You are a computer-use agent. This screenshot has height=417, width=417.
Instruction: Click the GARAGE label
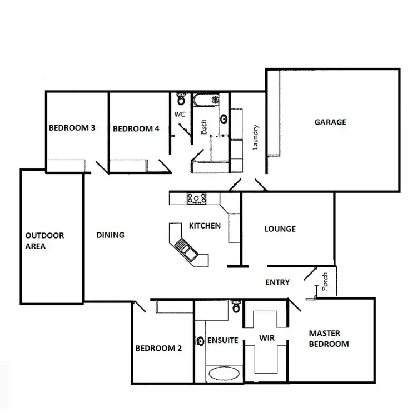330,122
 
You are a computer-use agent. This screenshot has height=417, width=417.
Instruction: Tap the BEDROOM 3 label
72,128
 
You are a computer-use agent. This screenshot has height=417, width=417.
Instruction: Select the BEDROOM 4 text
136,128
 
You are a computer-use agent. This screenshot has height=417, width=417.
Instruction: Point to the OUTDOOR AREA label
45,241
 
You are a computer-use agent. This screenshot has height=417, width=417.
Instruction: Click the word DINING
110,235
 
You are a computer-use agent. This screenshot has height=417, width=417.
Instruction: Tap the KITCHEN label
205,226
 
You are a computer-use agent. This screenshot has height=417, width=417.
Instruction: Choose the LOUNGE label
280,229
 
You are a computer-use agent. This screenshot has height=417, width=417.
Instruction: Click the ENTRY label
277,282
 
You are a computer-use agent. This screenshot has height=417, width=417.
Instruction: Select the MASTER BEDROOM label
329,339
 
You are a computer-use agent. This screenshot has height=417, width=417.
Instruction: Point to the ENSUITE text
222,340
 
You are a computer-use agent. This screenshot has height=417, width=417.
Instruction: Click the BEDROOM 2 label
158,349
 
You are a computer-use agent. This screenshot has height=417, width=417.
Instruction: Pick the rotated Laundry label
256,137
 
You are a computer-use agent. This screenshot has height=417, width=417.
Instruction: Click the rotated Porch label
325,282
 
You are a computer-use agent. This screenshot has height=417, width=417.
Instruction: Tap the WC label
180,114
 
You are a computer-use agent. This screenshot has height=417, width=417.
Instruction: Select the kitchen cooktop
196,198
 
